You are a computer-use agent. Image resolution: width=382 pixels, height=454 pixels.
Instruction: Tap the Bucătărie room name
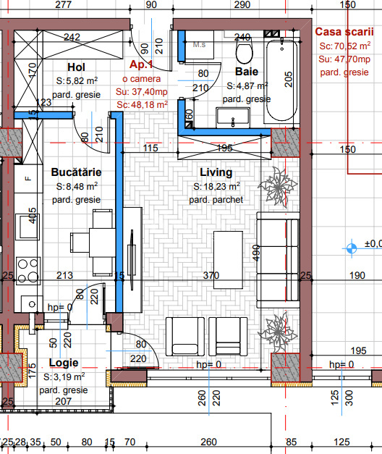pos(76,172)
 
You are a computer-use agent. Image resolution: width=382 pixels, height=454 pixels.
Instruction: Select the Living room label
pos(216,172)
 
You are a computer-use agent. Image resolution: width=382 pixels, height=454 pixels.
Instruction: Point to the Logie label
pos(64,363)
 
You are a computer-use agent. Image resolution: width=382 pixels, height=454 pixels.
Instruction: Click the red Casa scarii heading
pos(344,32)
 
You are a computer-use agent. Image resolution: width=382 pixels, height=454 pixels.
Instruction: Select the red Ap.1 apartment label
pos(142,64)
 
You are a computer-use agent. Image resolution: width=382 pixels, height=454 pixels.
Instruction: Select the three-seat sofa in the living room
pos(278,250)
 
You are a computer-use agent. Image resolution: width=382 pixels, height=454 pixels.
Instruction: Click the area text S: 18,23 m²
pos(217,187)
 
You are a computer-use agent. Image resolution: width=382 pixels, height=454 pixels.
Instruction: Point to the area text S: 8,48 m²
pos(77,186)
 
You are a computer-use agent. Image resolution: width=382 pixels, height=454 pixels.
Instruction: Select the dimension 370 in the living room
pos(211,275)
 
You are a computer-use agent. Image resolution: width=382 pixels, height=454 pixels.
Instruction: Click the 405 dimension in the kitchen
pos(33,217)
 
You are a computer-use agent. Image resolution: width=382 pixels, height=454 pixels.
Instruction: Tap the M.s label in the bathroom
pos(199,44)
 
